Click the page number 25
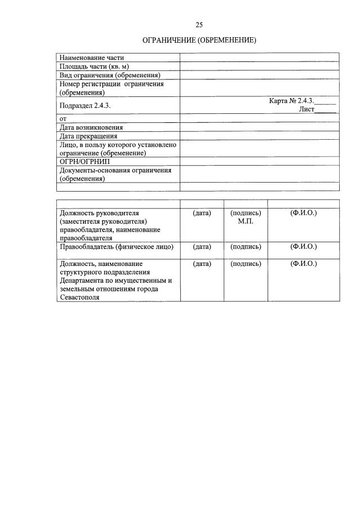(199, 24)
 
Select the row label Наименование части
(92, 57)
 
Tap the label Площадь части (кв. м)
(95, 66)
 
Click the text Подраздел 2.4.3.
(82, 105)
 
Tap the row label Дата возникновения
(91, 127)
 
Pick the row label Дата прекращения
(88, 136)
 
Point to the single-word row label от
(63, 119)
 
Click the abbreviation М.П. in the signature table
(246, 221)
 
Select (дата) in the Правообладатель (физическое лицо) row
(202, 247)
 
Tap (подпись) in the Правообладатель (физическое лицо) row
(246, 247)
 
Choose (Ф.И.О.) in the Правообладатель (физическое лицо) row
(303, 247)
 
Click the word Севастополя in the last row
(80, 298)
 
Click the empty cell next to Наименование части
(259, 57)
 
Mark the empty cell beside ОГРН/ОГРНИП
(259, 161)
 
